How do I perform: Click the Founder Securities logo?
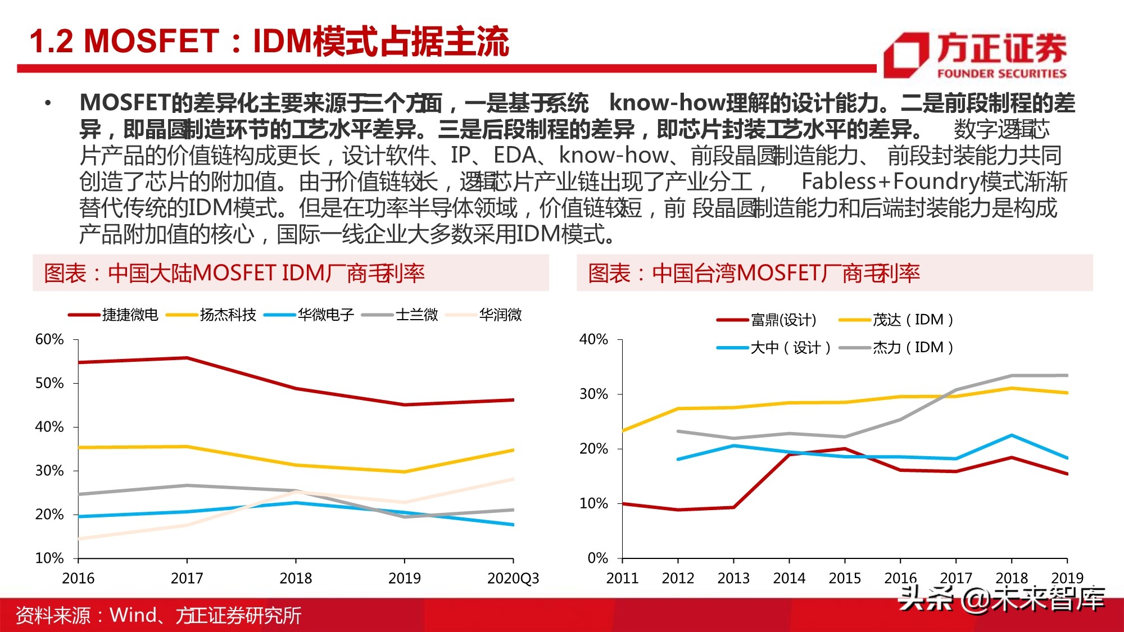click(975, 54)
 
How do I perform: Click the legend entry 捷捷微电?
click(130, 315)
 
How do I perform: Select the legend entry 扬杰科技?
click(228, 315)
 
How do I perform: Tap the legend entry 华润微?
click(500, 315)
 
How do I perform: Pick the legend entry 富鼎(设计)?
click(783, 320)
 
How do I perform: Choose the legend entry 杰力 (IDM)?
click(912, 348)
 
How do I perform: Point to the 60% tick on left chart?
click(49, 339)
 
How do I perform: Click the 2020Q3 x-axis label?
click(513, 578)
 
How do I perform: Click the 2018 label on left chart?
click(296, 578)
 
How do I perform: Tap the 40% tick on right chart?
click(593, 339)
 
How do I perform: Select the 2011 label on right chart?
click(622, 578)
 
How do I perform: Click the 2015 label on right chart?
click(845, 578)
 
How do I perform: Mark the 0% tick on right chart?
click(597, 558)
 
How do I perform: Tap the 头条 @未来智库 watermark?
click(1001, 599)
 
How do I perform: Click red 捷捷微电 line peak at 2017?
click(187, 358)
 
